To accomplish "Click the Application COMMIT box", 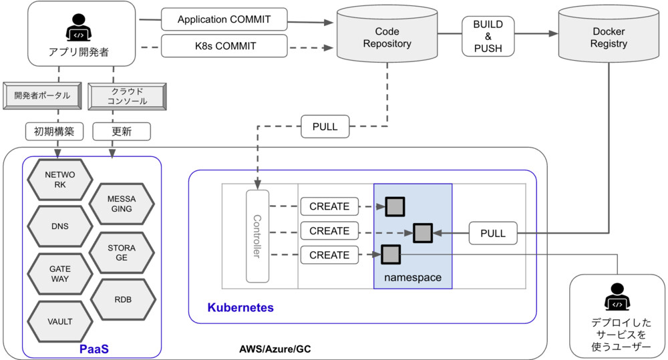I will [x=224, y=19].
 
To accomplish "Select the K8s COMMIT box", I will [x=224, y=47].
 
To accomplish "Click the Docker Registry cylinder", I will [x=609, y=38].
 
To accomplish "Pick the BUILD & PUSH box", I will [x=488, y=37].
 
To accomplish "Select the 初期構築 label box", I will [x=54, y=132].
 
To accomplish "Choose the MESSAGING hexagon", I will [x=122, y=203].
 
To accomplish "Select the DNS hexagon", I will [x=60, y=226].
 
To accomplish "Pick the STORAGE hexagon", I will [x=122, y=252].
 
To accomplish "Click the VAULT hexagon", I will [x=60, y=321].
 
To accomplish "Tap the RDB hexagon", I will [x=122, y=299].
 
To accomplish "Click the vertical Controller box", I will [x=257, y=236].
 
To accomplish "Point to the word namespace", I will [x=413, y=277].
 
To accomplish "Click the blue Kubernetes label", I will [x=240, y=308].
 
